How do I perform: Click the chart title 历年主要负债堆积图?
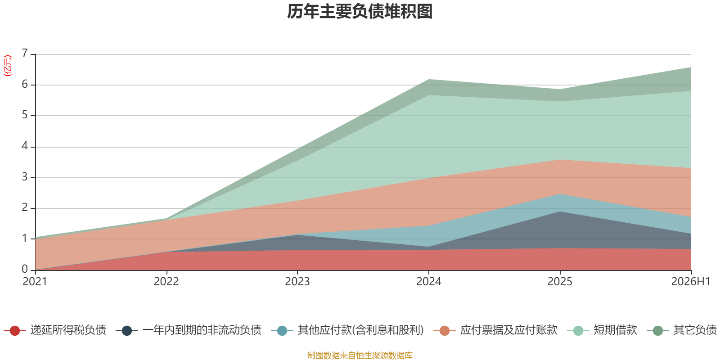pos(360,12)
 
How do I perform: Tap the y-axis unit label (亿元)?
pos(7,66)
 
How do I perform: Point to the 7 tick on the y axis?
pos(25,53)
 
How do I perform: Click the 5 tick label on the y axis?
pos(25,115)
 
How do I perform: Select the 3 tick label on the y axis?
pos(25,177)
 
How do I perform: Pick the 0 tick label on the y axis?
pos(25,269)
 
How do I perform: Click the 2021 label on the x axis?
pos(35,282)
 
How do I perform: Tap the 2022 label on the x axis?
pos(166,282)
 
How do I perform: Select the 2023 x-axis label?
pos(297,282)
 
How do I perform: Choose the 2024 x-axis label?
pos(429,282)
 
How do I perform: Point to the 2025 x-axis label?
pos(560,282)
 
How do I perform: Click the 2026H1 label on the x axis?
pos(691,282)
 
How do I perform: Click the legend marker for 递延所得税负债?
pos(15,330)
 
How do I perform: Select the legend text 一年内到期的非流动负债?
pos(202,330)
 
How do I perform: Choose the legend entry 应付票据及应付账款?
pos(495,330)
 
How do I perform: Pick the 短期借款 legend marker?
pos(578,330)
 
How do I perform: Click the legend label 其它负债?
pos(695,330)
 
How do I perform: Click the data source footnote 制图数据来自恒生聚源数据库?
pos(360,355)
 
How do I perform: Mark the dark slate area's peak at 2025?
pos(560,211)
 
